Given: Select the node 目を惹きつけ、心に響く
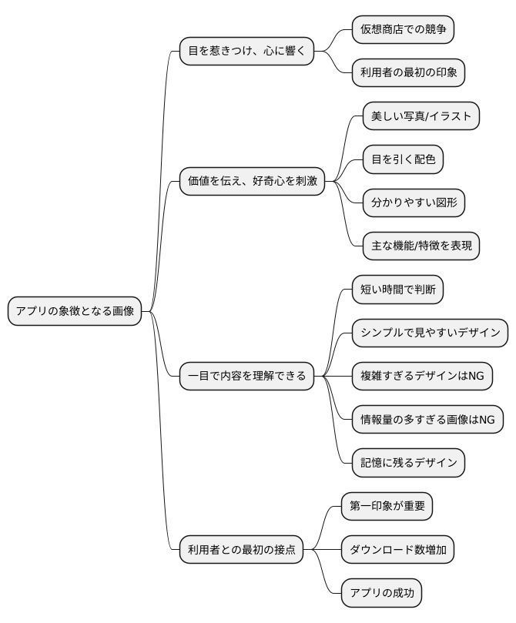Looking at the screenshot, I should pyautogui.click(x=246, y=52).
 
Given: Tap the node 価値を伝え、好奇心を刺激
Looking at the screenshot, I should pyautogui.click(x=252, y=182).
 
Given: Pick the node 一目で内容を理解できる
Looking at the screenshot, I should pyautogui.click(x=246, y=376).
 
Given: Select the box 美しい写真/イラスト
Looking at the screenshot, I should pyautogui.click(x=421, y=116).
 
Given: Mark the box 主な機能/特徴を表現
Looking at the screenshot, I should pyautogui.click(x=421, y=246).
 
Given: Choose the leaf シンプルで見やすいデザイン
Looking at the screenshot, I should pyautogui.click(x=430, y=333).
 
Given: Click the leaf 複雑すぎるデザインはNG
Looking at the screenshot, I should pyautogui.click(x=422, y=376).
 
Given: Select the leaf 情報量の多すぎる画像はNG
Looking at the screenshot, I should pyautogui.click(x=427, y=419).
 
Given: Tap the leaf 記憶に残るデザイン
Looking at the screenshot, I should pyautogui.click(x=408, y=462).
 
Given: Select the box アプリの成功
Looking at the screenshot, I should pyautogui.click(x=382, y=593).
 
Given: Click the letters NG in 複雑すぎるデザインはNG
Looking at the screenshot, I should pyautogui.click(x=476, y=376).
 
